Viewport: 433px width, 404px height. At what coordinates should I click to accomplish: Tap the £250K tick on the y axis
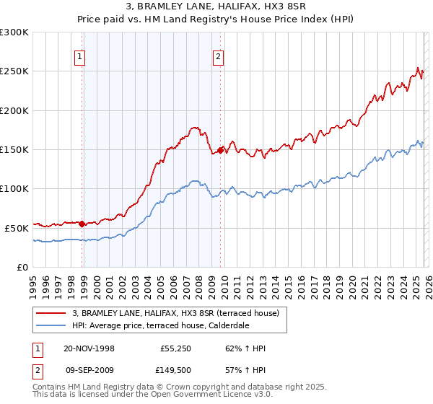[14, 71]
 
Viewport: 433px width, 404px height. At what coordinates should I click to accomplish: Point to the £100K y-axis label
[14, 188]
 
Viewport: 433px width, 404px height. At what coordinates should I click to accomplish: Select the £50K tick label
[17, 228]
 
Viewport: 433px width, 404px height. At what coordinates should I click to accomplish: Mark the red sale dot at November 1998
[82, 224]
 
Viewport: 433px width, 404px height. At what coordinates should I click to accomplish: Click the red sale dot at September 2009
[220, 150]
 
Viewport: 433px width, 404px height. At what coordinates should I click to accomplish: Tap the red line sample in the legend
[51, 312]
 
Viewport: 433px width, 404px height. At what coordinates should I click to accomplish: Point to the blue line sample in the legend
[51, 325]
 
